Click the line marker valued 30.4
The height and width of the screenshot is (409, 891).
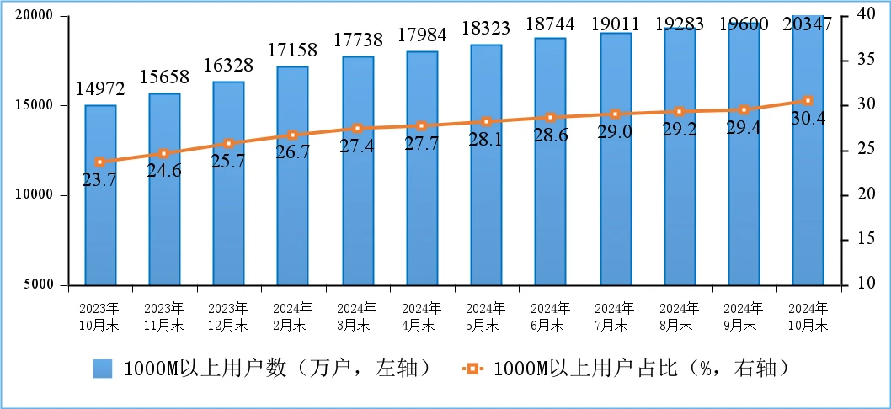tap(808, 101)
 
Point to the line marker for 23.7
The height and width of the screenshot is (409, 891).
tap(100, 162)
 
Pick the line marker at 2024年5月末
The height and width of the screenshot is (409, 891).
tap(486, 122)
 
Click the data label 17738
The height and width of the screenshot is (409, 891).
tap(358, 40)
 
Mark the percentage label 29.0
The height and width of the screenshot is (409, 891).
tap(615, 132)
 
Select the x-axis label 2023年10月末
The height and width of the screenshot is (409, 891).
tap(100, 316)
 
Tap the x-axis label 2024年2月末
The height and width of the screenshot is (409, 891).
tap(293, 316)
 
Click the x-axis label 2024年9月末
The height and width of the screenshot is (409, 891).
tap(744, 316)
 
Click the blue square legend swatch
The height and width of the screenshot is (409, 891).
tap(103, 369)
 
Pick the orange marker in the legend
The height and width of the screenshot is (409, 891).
tap(472, 369)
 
